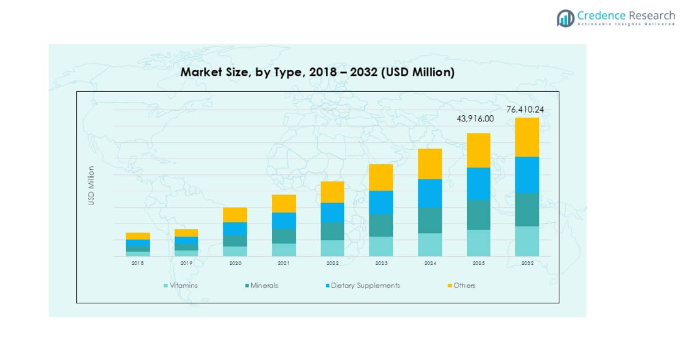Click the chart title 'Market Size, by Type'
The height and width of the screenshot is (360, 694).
[317, 72]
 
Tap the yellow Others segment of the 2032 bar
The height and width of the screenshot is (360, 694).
[527, 137]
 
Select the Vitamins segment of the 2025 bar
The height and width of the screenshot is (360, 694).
[478, 243]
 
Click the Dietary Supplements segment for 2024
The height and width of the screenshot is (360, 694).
[430, 193]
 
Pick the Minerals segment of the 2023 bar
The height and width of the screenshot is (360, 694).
[381, 225]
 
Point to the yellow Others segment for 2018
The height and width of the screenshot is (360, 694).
[138, 236]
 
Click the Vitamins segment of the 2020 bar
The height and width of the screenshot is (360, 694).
[235, 251]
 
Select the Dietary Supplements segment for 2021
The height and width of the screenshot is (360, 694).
[284, 220]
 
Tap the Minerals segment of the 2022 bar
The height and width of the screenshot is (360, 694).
[332, 231]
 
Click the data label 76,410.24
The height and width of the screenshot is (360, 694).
[525, 110]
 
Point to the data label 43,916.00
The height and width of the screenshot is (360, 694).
[475, 119]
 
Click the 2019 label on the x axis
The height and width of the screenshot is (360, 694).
[186, 263]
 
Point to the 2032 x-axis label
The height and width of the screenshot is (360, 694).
[527, 263]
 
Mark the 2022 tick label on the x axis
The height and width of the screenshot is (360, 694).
[332, 263]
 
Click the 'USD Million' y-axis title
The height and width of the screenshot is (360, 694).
[91, 185]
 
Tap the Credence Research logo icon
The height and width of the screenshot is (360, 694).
[566, 18]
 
